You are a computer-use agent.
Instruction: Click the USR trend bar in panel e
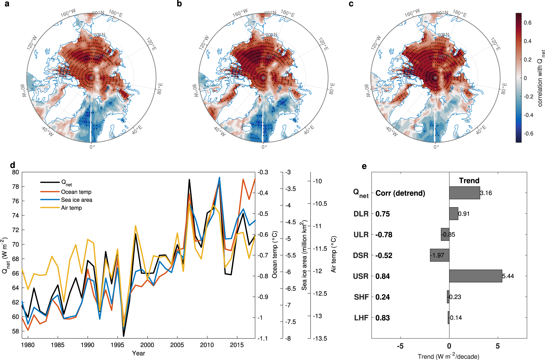[476, 276]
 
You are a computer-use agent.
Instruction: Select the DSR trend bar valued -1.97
[440, 255]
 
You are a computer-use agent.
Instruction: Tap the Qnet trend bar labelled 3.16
[464, 193]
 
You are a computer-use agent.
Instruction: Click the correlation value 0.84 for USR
[383, 276]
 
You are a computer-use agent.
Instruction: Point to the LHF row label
[361, 318]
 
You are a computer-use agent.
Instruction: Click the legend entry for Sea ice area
[77, 200]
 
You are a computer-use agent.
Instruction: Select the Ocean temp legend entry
[76, 192]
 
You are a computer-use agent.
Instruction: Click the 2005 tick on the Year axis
[177, 345]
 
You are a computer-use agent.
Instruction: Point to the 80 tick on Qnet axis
[16, 172]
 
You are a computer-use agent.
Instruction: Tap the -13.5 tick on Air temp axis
[320, 338]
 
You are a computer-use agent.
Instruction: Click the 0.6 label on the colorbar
[528, 23]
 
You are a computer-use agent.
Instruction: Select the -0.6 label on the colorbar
[528, 133]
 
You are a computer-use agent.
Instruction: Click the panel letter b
[179, 4]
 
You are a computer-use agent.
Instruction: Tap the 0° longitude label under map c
[436, 147]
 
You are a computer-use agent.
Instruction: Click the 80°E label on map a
[160, 89]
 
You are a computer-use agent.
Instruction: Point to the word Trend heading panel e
[469, 181]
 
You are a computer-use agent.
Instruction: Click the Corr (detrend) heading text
[400, 193]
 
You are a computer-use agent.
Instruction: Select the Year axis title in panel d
[138, 353]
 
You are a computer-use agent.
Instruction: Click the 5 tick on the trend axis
[498, 346]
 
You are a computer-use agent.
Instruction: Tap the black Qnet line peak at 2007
[189, 180]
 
